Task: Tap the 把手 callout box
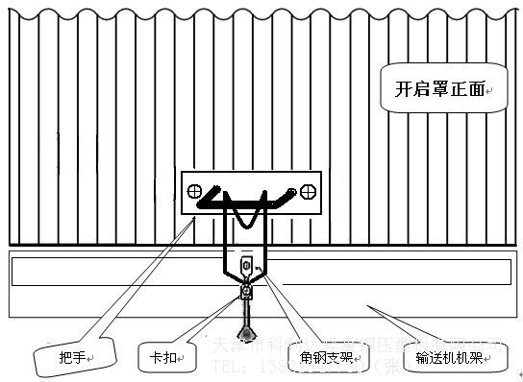click(x=77, y=358)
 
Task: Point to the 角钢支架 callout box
click(x=325, y=357)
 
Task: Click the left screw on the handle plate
click(x=194, y=190)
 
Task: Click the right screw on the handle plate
click(x=308, y=190)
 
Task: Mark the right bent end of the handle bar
click(x=292, y=192)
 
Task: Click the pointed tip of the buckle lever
click(x=247, y=326)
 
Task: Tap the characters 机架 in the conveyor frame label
click(x=470, y=358)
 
